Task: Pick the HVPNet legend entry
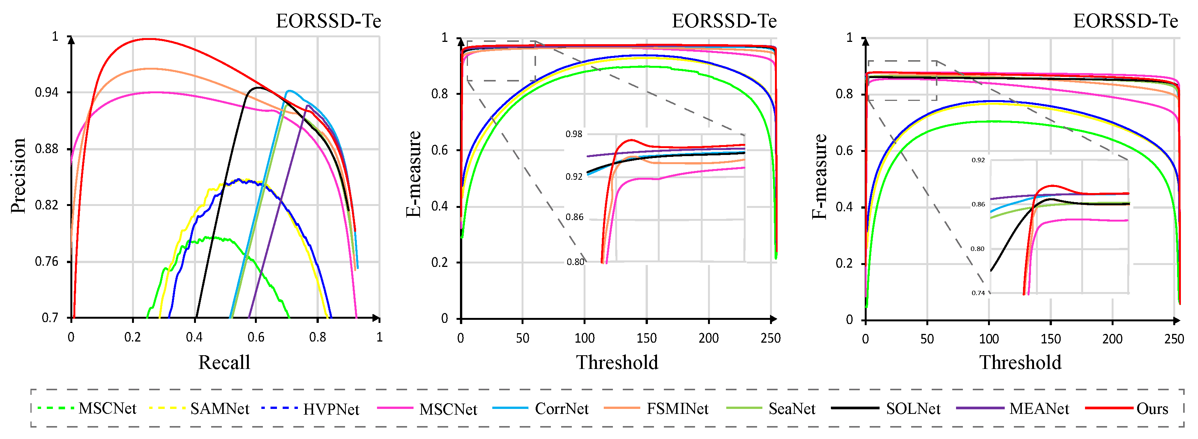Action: (331, 409)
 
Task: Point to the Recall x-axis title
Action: (224, 362)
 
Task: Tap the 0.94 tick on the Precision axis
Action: (47, 93)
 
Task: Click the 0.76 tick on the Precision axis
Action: (47, 262)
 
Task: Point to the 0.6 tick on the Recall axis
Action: (256, 337)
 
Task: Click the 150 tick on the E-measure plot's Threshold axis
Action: (646, 338)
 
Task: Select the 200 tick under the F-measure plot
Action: (1112, 339)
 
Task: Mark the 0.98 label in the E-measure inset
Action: (573, 134)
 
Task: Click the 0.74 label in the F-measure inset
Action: (978, 293)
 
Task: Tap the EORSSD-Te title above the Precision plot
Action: (328, 21)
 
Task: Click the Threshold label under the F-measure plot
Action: (1020, 362)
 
